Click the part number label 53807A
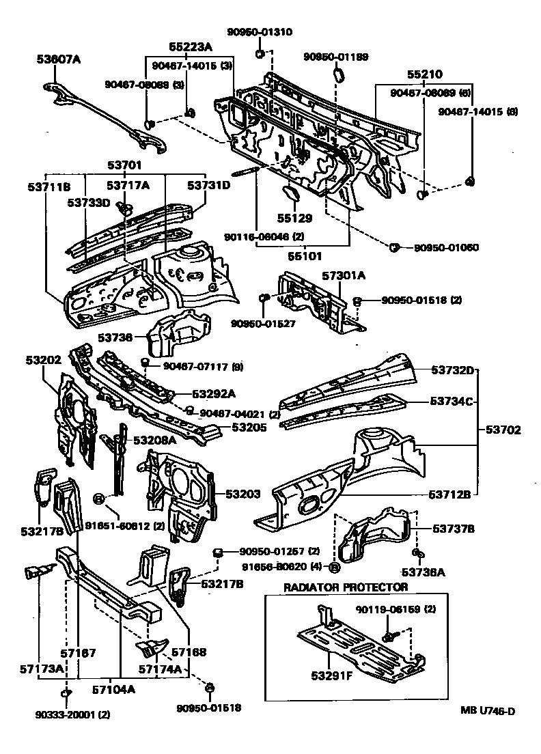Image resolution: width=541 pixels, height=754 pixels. point(58,59)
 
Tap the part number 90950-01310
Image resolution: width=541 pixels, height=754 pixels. point(260,31)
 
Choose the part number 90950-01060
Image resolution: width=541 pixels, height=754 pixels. point(446,247)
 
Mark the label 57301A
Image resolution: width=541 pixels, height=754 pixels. point(344,275)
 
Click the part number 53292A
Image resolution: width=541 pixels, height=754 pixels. point(213,393)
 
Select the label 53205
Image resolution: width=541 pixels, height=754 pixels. point(250,428)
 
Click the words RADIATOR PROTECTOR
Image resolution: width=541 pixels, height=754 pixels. point(346,587)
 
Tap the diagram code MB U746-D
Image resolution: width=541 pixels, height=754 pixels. point(487,712)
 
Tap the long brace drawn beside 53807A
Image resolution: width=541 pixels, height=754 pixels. point(109,117)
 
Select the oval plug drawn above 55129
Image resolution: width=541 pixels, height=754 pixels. point(290,197)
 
